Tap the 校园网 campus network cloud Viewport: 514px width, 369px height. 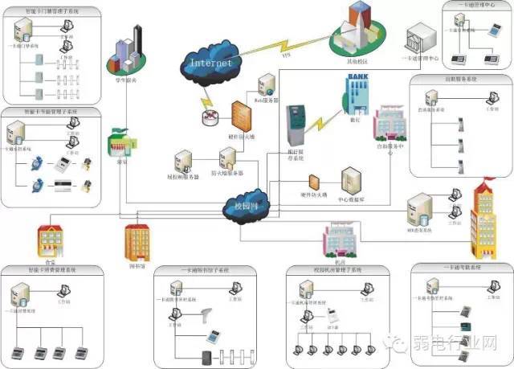click(245, 205)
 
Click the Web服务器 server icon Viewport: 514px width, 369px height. click(264, 87)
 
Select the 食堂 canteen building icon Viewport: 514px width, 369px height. click(50, 237)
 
